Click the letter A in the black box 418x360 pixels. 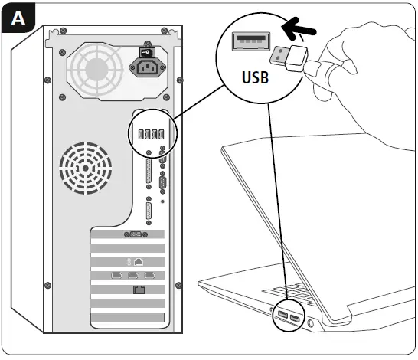15,16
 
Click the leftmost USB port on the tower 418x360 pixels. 141,135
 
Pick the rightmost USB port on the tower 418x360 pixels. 164,135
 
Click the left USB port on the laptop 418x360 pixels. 283,316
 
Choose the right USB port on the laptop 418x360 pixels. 296,317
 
